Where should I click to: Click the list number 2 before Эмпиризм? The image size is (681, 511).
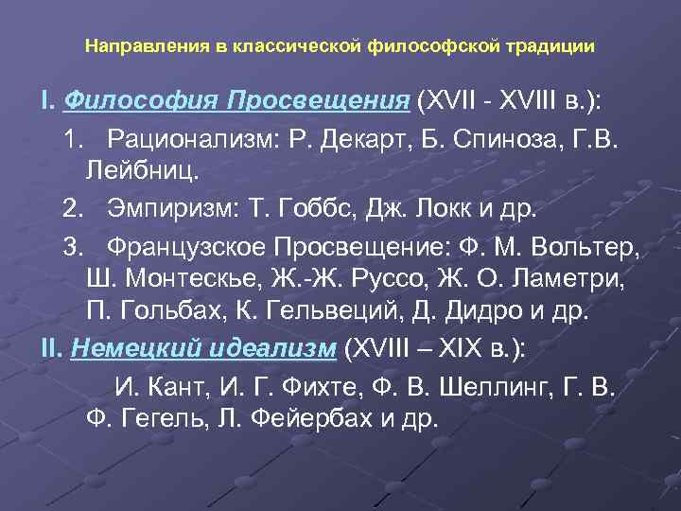tap(71, 206)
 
